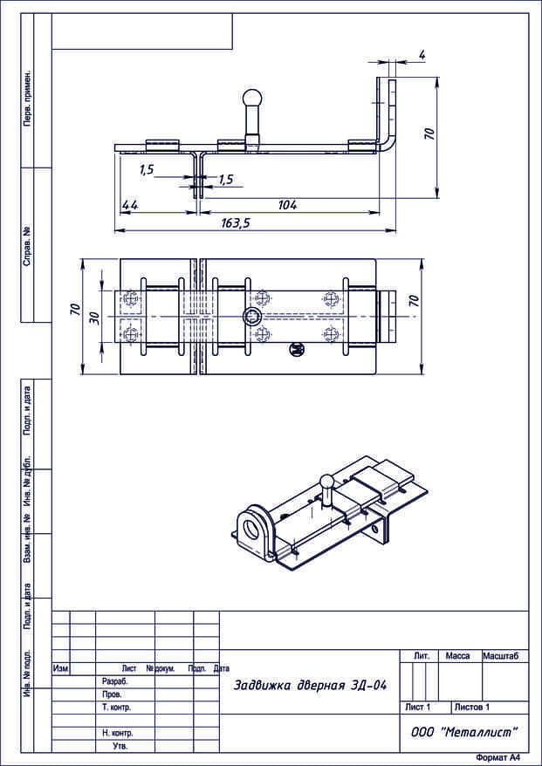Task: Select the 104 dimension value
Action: pyautogui.click(x=287, y=205)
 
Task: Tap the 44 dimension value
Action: pyautogui.click(x=129, y=205)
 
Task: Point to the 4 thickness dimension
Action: pyautogui.click(x=422, y=55)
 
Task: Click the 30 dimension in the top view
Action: pyautogui.click(x=95, y=318)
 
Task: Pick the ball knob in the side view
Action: pyautogui.click(x=253, y=100)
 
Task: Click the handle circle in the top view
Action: pyautogui.click(x=251, y=317)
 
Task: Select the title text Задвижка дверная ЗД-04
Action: pyautogui.click(x=311, y=686)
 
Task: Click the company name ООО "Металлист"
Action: pyautogui.click(x=463, y=732)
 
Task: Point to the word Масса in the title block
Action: pyautogui.click(x=457, y=656)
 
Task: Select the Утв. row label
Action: pyautogui.click(x=120, y=746)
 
